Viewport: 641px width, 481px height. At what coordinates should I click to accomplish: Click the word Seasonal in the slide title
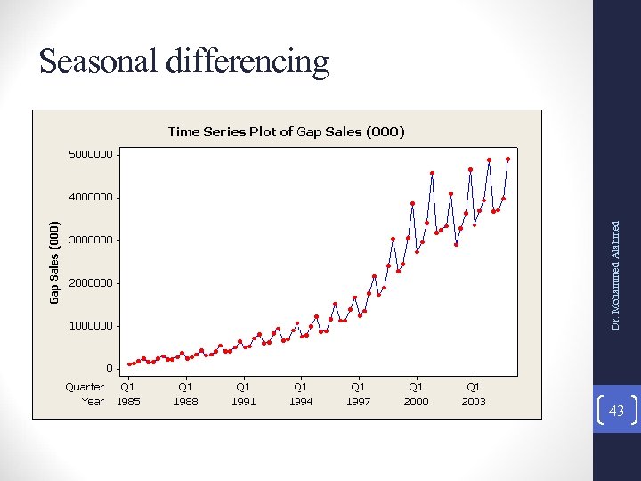(96, 61)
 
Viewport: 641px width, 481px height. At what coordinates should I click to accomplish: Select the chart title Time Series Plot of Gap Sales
(286, 132)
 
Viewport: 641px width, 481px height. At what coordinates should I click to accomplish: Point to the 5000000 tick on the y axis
(91, 154)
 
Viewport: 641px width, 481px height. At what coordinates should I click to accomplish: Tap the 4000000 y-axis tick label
(91, 197)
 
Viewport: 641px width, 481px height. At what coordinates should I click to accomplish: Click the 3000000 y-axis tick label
(91, 240)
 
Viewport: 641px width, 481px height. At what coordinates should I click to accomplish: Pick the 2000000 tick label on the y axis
(91, 282)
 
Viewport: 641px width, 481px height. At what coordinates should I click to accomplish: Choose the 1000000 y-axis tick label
(91, 325)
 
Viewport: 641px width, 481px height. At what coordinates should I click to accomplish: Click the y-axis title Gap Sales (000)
(54, 262)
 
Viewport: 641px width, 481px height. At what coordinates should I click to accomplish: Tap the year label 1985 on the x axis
(128, 401)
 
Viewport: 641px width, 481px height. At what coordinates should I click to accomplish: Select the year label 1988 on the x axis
(185, 401)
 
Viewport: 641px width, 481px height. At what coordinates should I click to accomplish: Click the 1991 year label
(243, 401)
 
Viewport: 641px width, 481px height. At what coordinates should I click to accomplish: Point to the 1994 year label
(301, 401)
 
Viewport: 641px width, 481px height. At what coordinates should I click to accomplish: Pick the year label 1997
(358, 401)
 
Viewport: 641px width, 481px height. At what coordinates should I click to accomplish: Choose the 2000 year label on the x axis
(416, 401)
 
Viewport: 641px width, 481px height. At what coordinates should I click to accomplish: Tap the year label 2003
(474, 401)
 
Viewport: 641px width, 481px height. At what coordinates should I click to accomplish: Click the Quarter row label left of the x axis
(85, 387)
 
